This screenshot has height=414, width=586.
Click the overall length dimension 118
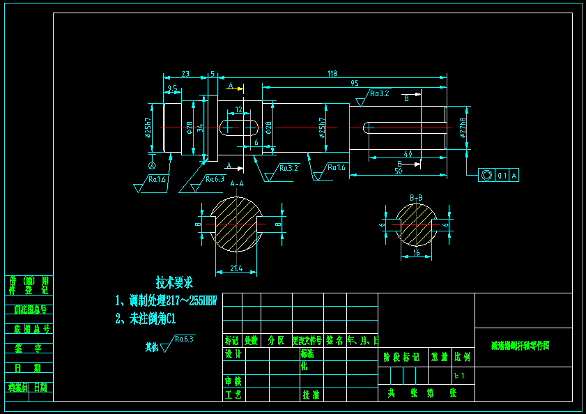(332, 72)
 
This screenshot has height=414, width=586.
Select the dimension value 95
(355, 83)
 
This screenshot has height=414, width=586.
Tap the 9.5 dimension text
(172, 88)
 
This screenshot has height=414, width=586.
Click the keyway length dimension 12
(239, 109)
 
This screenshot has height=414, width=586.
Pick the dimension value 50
(398, 170)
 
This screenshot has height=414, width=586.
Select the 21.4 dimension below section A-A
(236, 268)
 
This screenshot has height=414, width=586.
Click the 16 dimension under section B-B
(416, 254)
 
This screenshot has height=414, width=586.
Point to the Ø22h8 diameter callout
(462, 127)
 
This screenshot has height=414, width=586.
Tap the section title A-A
(237, 184)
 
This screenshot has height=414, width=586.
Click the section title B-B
(416, 198)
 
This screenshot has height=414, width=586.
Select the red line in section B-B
(416, 225)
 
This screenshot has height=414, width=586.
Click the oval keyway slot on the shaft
(239, 128)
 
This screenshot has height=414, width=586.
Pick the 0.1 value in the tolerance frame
(502, 176)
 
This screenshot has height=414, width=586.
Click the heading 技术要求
(174, 283)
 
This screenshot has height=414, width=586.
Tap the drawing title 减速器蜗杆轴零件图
(520, 346)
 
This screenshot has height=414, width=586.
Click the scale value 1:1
(460, 376)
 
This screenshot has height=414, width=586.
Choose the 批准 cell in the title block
(311, 394)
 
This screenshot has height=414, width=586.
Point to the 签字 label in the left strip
(29, 348)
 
